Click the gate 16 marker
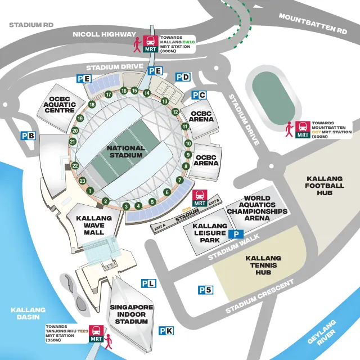coord(124,91)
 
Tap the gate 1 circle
coord(89,191)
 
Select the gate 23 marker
coord(82,181)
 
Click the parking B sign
coord(28,136)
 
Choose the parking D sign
coord(183,76)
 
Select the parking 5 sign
coord(205,290)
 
